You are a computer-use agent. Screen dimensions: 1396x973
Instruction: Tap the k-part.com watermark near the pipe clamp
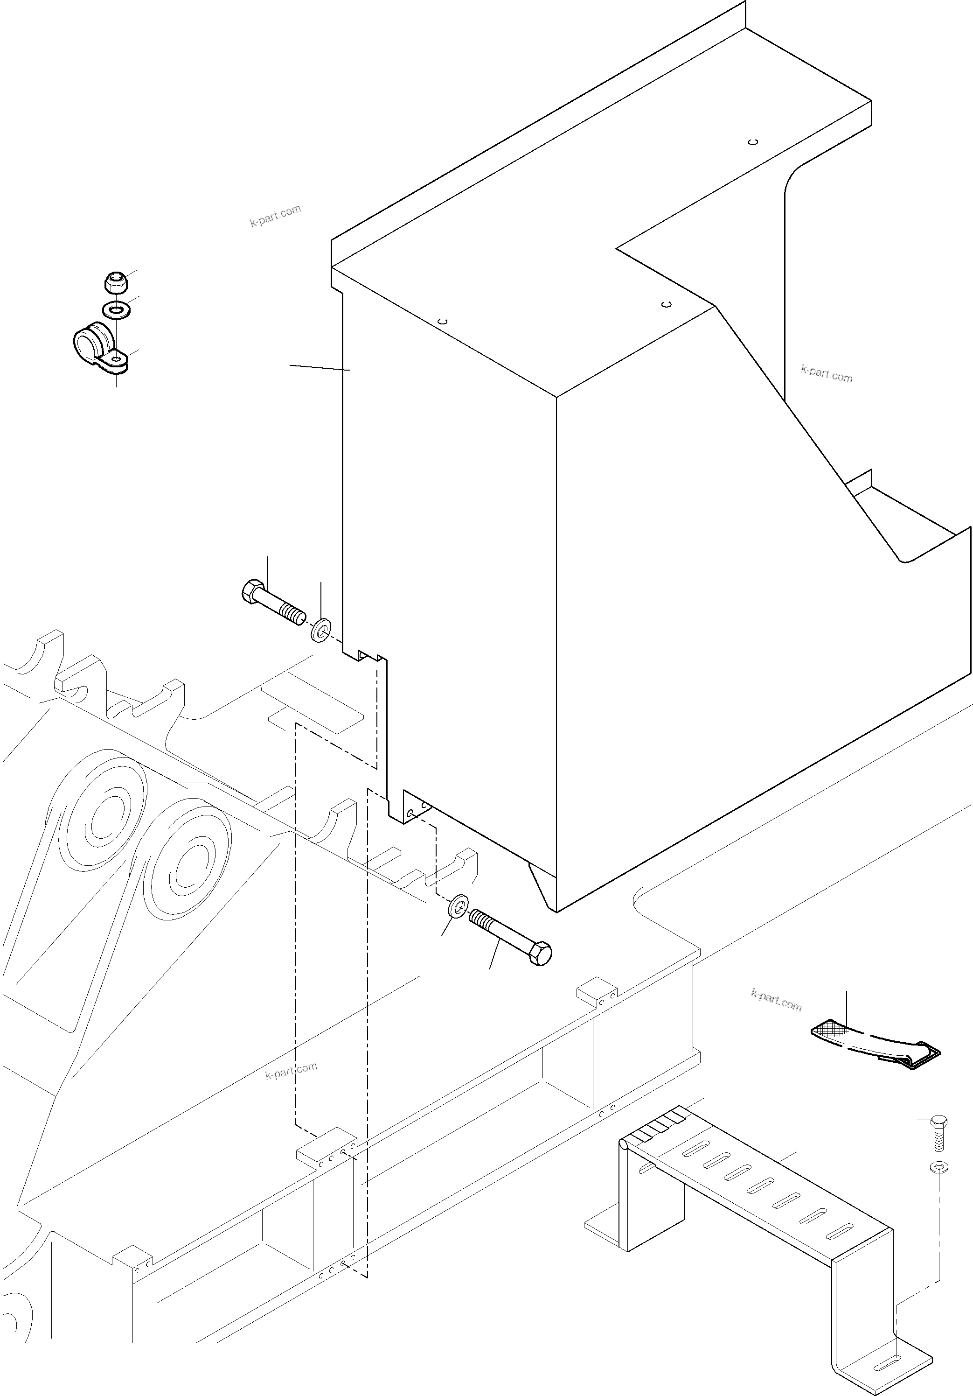[x=275, y=216]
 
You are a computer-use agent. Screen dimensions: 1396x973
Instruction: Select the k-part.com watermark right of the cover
[x=827, y=374]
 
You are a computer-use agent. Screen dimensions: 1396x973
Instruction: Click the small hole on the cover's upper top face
[x=752, y=142]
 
